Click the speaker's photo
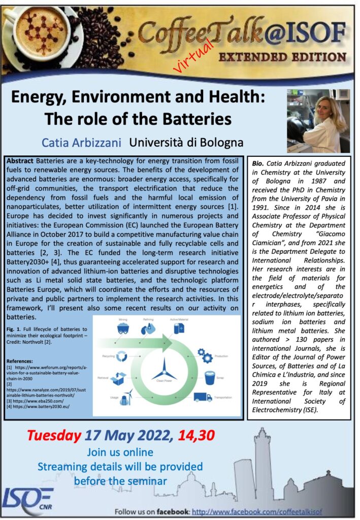318,121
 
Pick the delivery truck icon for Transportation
203,397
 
